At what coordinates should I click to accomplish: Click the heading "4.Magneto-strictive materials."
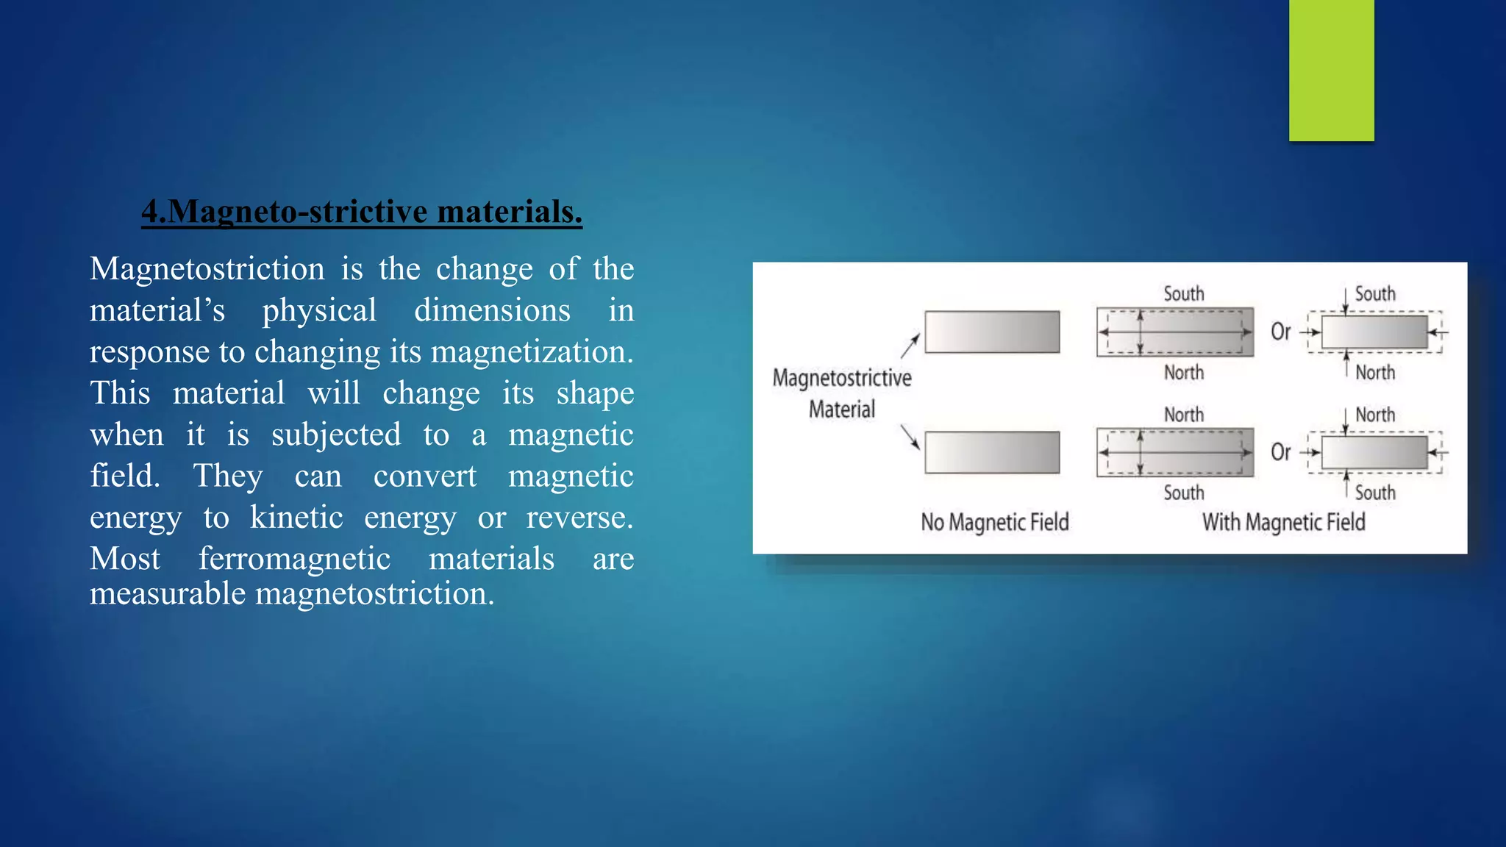(362, 212)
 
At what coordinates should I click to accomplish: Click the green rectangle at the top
(1331, 70)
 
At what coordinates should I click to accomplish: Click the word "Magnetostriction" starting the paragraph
(207, 269)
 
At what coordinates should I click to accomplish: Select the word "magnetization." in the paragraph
(532, 352)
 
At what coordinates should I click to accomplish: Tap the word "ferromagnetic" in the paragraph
(294, 559)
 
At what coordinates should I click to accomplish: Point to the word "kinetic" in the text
(296, 518)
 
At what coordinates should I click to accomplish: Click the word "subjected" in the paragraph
(336, 435)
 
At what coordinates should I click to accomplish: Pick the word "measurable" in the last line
(168, 593)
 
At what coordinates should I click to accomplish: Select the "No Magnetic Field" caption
(995, 522)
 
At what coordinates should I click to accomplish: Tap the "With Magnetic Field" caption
(1283, 522)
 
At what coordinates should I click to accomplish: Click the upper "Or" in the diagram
(1280, 332)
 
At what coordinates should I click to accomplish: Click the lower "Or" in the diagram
(1280, 452)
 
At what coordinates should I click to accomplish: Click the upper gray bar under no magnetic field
(992, 332)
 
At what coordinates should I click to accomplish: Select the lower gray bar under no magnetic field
(992, 452)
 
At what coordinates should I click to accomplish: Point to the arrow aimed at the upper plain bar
(910, 346)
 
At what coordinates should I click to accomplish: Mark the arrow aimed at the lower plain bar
(910, 437)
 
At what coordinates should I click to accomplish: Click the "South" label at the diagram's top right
(1375, 294)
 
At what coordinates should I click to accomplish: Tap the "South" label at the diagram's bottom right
(1375, 493)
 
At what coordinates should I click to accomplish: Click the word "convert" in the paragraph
(424, 476)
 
